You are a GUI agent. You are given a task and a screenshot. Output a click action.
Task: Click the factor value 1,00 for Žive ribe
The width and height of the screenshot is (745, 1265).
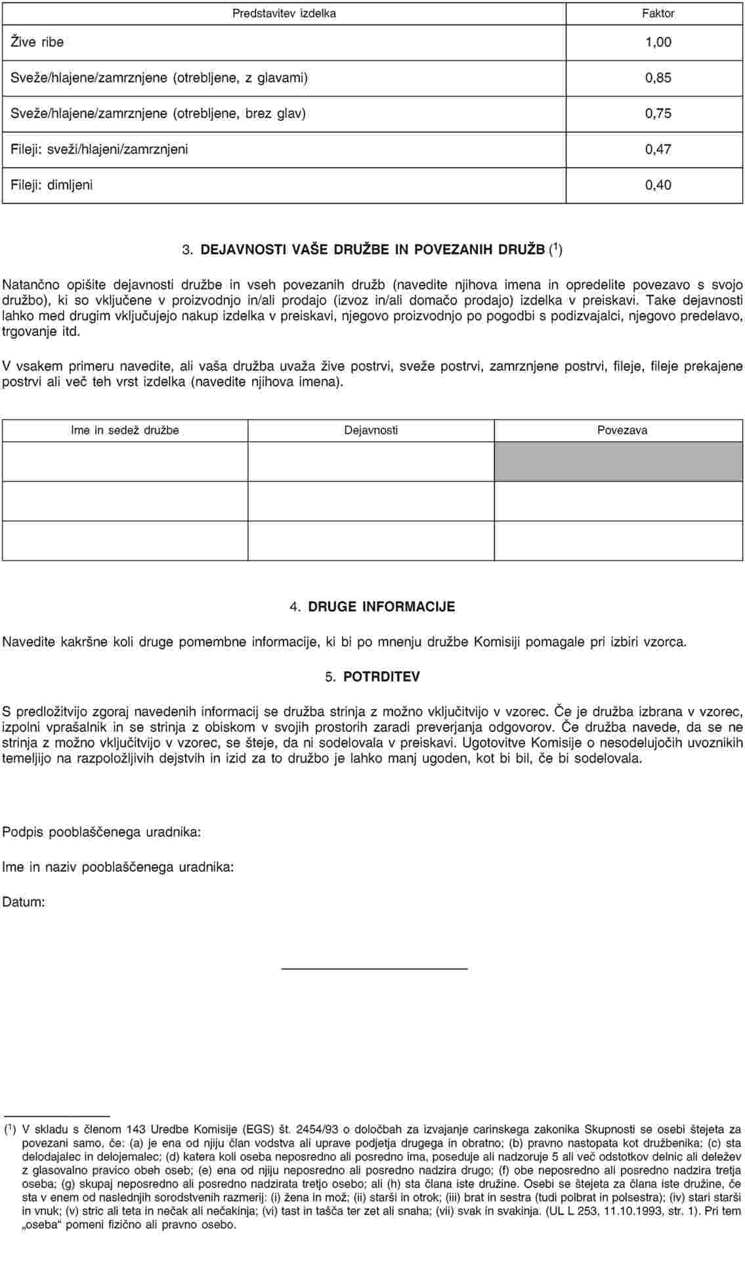(658, 42)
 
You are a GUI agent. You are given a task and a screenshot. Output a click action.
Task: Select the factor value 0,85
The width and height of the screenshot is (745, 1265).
(658, 77)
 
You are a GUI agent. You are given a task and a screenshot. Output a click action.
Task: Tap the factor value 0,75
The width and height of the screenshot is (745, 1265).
(658, 113)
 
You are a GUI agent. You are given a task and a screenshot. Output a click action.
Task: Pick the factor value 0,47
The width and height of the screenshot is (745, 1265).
(658, 148)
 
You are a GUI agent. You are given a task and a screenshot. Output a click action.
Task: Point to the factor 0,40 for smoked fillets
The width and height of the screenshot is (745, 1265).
(658, 184)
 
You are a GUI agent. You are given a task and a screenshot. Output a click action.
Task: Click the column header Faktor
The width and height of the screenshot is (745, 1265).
(658, 13)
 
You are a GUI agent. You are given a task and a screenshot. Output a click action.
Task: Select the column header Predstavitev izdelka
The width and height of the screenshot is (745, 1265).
(284, 13)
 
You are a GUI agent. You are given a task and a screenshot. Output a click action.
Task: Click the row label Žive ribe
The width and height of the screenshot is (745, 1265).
(37, 42)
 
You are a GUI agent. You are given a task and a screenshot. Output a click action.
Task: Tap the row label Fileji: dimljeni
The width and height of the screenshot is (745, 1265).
(52, 184)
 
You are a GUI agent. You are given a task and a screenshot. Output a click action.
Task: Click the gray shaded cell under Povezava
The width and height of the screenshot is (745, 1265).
(618, 461)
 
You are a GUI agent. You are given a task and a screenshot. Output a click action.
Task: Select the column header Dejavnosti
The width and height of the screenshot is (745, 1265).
(371, 431)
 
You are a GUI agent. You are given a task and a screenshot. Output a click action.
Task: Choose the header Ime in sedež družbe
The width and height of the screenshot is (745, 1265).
(125, 431)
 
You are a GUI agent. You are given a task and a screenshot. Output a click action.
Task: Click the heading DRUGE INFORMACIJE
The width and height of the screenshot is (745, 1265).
(381, 606)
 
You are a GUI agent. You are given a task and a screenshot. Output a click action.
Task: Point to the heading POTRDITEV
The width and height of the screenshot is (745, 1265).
(381, 676)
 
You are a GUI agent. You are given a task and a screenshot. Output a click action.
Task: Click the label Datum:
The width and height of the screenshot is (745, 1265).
(24, 902)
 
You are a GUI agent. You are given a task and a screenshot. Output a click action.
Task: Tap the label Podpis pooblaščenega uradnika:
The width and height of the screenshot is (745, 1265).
(102, 832)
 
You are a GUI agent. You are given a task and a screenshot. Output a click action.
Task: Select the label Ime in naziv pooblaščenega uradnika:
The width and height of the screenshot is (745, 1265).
(118, 867)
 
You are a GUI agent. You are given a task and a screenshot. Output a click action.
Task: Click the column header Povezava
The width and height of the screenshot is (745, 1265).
(622, 431)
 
